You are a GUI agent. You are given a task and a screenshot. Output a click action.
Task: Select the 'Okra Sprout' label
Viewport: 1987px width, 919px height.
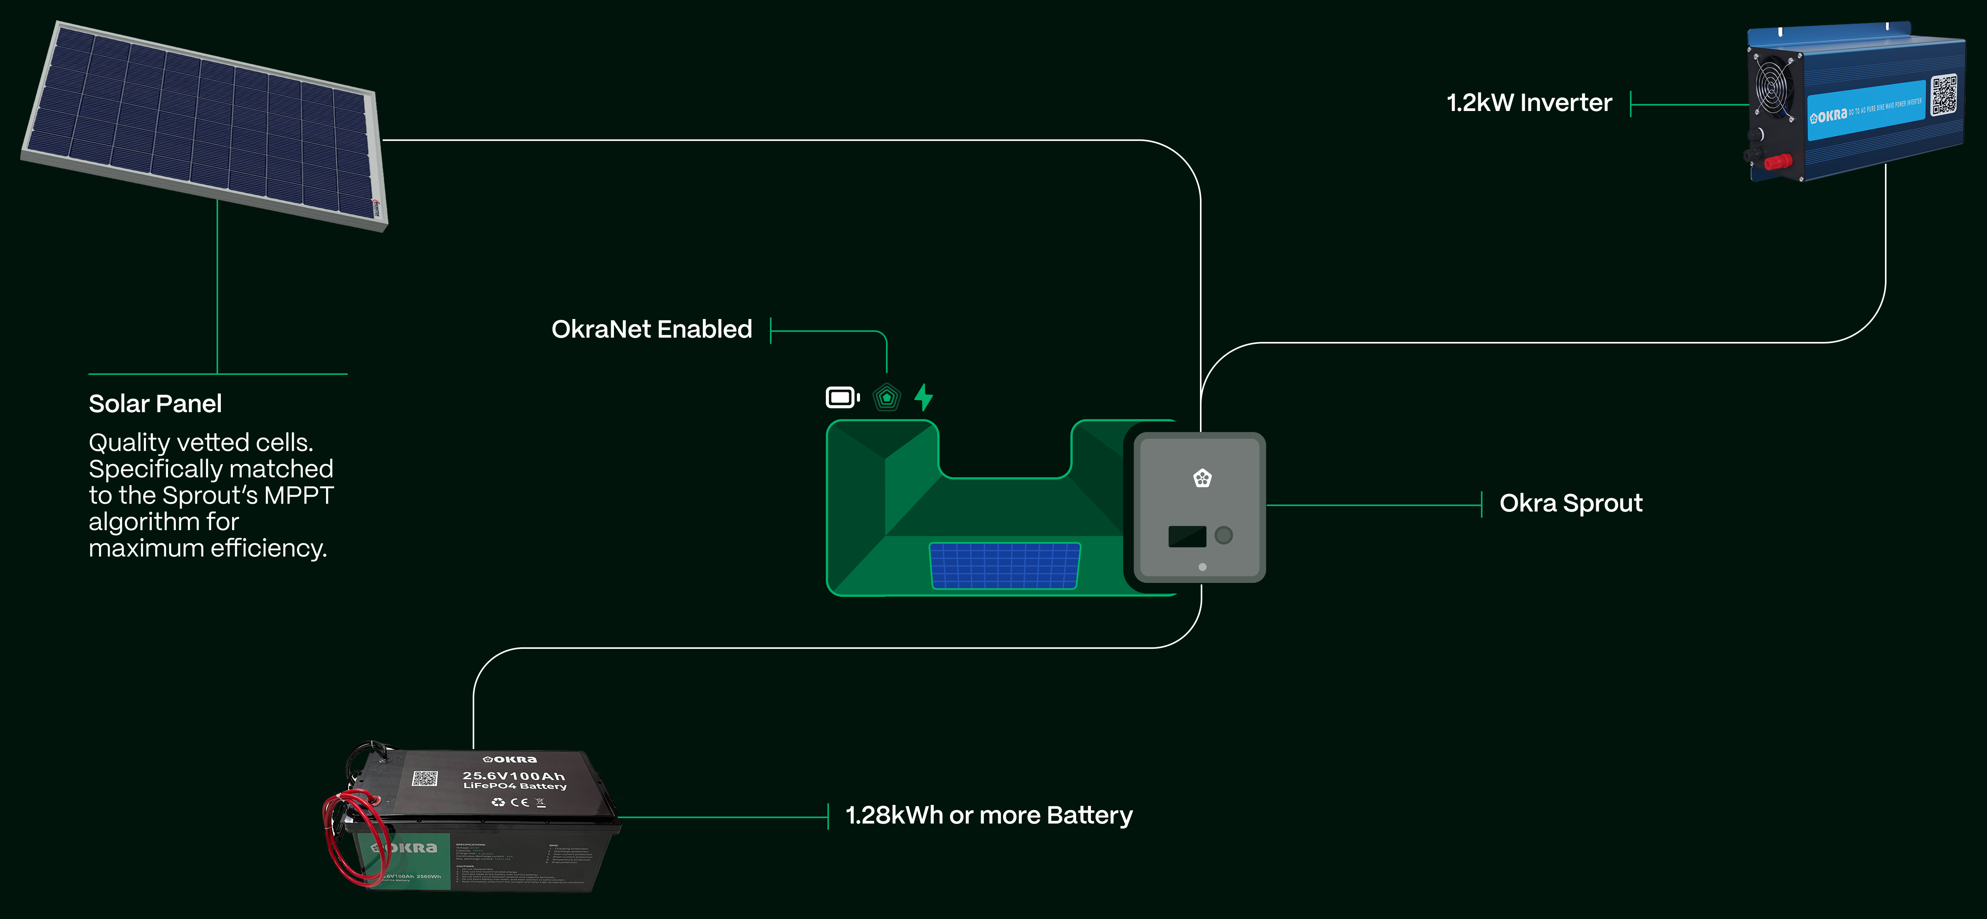tap(1571, 503)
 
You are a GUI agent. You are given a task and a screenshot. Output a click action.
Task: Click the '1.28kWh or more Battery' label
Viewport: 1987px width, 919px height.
tap(989, 816)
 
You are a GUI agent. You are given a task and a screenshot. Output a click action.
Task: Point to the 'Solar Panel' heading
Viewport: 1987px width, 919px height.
tap(155, 404)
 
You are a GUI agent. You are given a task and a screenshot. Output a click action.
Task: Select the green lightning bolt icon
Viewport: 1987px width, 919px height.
tap(923, 397)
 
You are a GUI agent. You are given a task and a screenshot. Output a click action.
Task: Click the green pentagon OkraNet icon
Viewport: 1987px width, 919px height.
tap(886, 397)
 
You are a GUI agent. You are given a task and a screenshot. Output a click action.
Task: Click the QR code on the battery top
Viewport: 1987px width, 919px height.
tap(424, 778)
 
